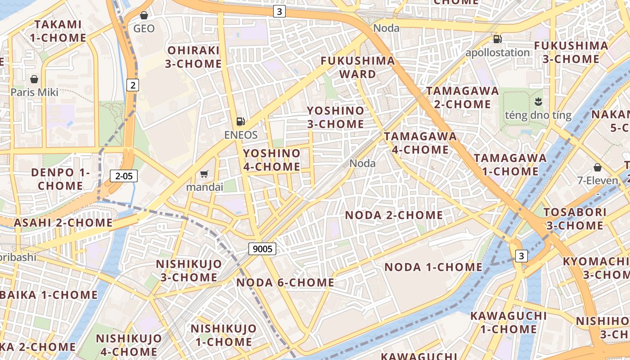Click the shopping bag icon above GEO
(x=144, y=16)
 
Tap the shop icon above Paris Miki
(x=34, y=80)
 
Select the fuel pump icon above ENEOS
(x=241, y=121)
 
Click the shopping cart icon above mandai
(x=204, y=174)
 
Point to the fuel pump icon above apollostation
(x=497, y=39)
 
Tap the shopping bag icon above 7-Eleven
(x=598, y=167)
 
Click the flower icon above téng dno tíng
(x=538, y=101)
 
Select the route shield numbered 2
(x=132, y=85)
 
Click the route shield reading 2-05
(x=124, y=176)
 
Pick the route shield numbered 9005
(x=262, y=248)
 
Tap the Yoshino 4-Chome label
(x=272, y=160)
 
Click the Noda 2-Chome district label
(x=394, y=215)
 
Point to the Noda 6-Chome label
(x=285, y=283)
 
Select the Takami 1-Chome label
(x=58, y=31)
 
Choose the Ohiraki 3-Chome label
(x=193, y=57)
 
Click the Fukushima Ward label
(x=358, y=67)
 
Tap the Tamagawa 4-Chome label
(x=420, y=143)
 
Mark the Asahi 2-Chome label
(x=63, y=223)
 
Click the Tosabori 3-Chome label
(x=573, y=219)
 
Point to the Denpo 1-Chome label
(x=60, y=179)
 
